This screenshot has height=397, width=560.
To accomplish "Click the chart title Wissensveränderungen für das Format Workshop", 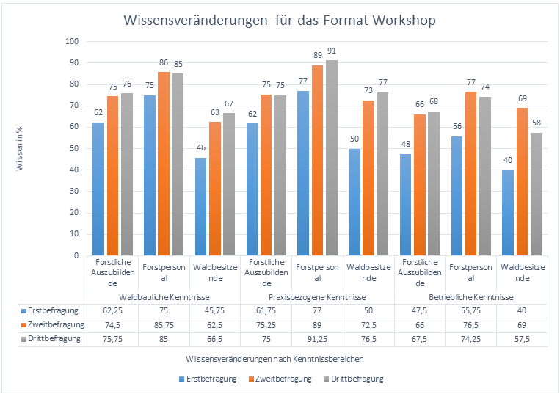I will (x=280, y=21).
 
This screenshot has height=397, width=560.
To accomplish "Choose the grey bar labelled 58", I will (x=537, y=194).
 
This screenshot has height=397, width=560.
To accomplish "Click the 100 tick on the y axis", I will (x=71, y=42).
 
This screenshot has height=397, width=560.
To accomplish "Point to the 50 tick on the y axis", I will (x=73, y=149).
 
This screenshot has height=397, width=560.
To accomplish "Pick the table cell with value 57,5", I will (x=522, y=339).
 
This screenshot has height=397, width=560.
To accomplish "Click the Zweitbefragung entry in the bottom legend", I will (x=282, y=379).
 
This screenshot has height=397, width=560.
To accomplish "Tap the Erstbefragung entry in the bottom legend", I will (x=212, y=379).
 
